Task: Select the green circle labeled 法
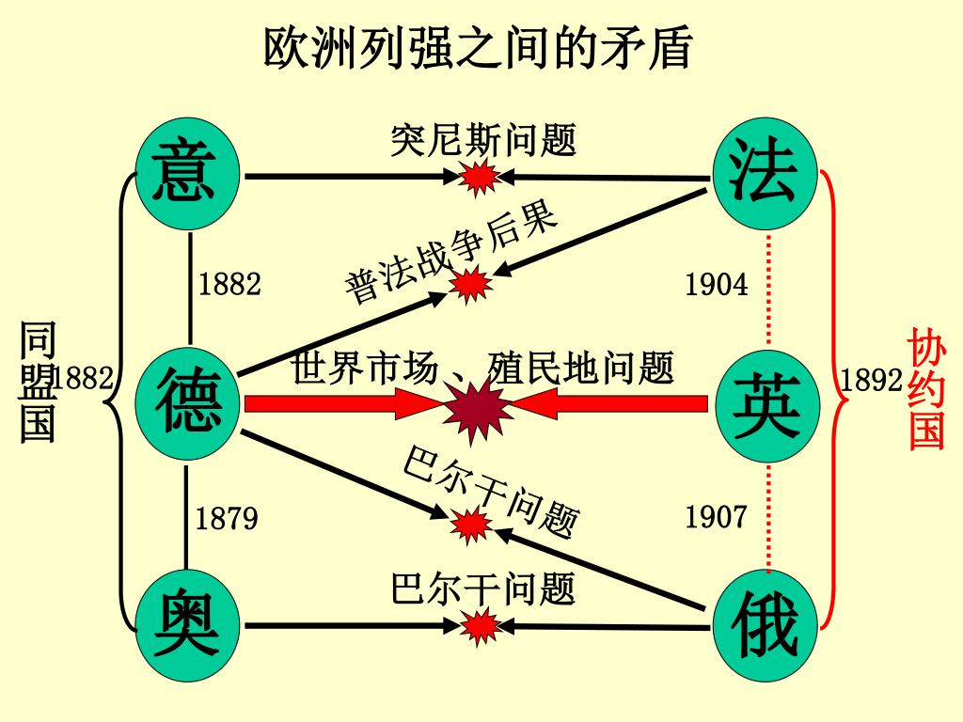click(x=764, y=173)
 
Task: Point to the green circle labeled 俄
click(x=764, y=626)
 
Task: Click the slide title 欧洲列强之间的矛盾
click(x=478, y=48)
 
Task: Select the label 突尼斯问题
click(x=482, y=141)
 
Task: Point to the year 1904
click(x=717, y=284)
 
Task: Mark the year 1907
click(x=717, y=516)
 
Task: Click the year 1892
click(x=872, y=380)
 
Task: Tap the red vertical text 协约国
click(x=926, y=388)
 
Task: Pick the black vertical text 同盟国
click(x=38, y=381)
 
